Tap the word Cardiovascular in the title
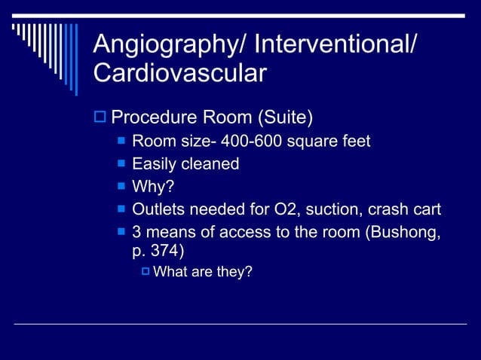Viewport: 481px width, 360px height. tap(179, 74)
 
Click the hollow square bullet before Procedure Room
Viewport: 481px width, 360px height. tap(100, 118)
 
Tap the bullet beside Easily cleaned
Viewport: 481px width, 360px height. tap(121, 164)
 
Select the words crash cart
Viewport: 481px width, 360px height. tap(404, 209)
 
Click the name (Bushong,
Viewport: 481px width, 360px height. tap(403, 232)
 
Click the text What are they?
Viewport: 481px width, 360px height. tap(203, 272)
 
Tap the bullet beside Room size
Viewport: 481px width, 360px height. tap(121, 142)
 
